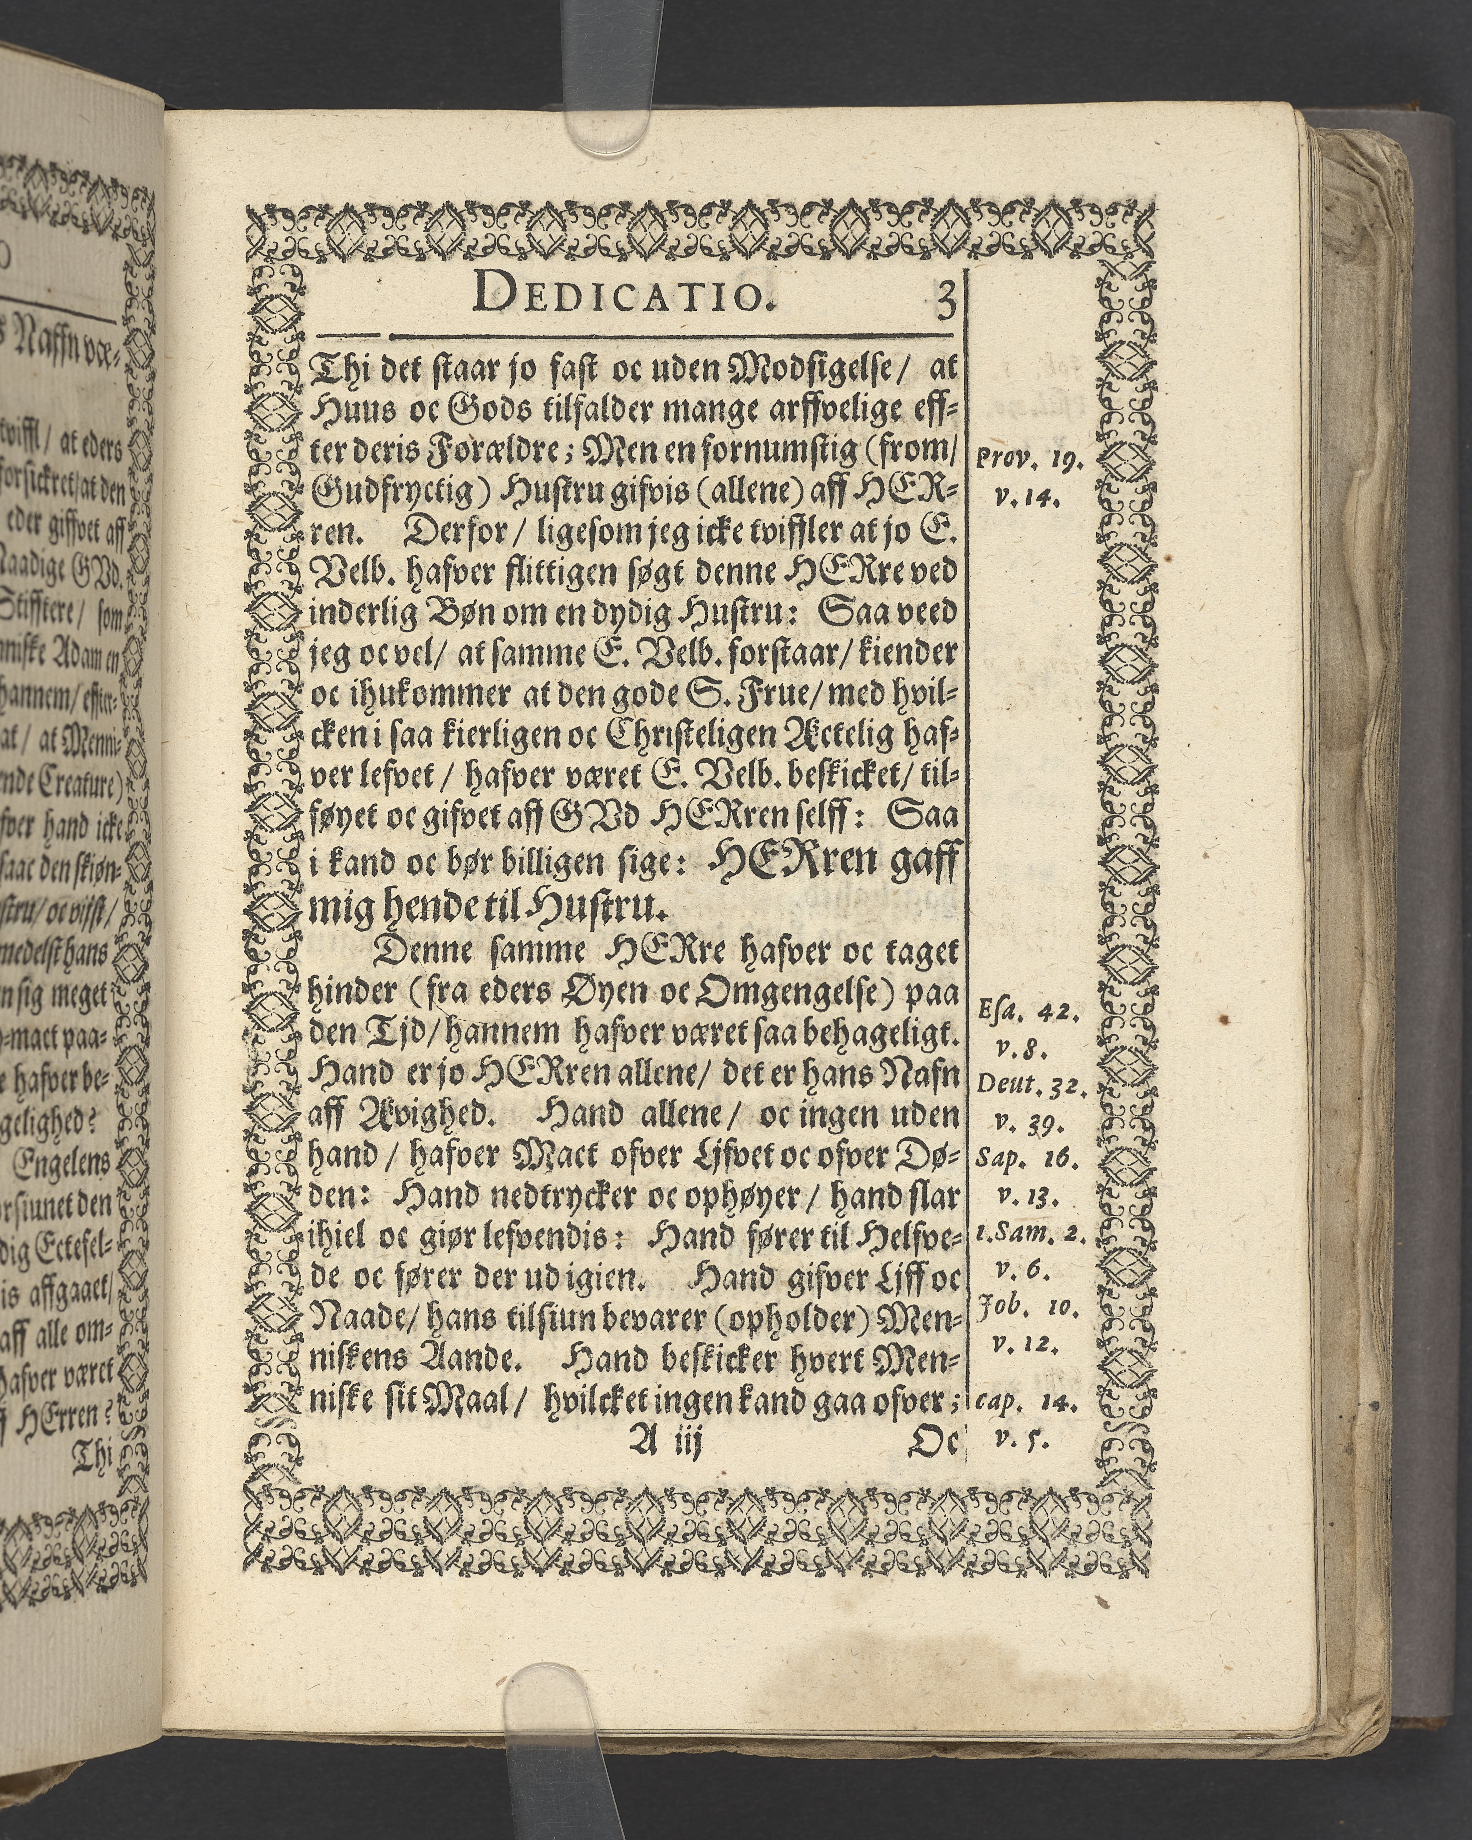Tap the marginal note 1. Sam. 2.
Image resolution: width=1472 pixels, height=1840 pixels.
1030,1236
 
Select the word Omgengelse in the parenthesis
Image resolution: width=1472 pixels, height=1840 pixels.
777,992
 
